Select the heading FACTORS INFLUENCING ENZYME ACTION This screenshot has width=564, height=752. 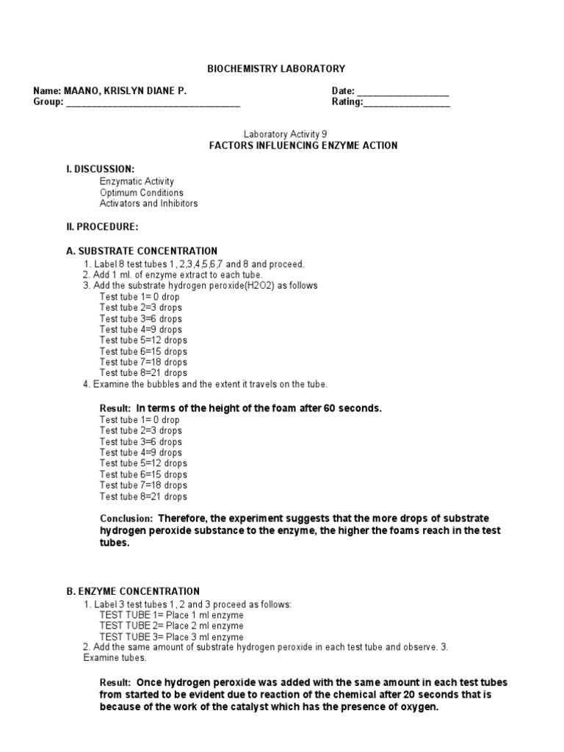(x=304, y=145)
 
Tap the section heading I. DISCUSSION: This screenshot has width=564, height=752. (x=100, y=169)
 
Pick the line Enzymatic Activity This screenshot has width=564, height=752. (x=137, y=181)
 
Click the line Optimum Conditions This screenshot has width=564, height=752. (x=141, y=192)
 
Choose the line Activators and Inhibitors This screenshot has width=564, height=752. (x=148, y=203)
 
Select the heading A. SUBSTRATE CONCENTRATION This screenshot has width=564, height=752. (x=142, y=251)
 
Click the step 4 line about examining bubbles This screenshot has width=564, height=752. (x=205, y=384)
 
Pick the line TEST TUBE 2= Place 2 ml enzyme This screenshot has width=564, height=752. (x=171, y=626)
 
